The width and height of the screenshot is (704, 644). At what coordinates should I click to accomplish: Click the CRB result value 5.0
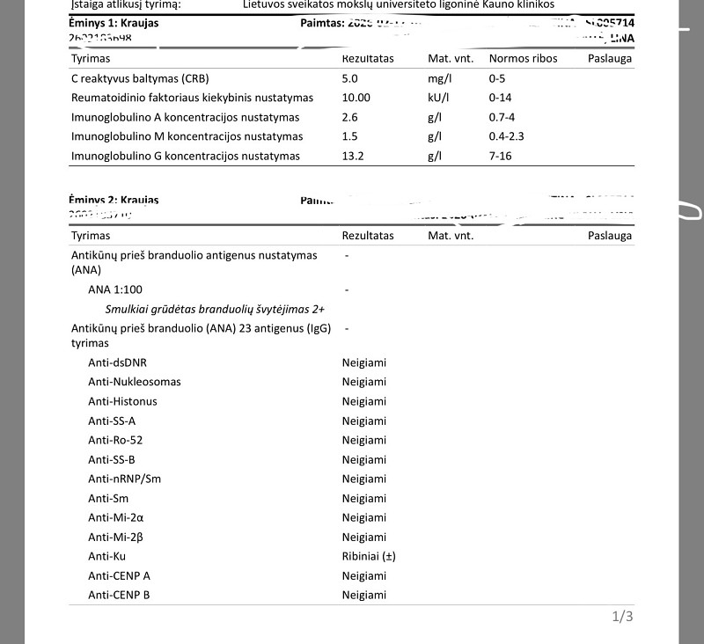(350, 78)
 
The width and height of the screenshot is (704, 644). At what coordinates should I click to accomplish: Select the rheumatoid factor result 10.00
(356, 98)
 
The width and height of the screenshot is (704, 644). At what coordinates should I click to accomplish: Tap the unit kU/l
(438, 98)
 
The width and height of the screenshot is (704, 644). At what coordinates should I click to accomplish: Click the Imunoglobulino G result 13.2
(353, 156)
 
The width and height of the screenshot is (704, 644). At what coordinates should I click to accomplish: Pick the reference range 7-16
(501, 156)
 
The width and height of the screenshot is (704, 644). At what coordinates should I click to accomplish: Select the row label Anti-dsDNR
(117, 362)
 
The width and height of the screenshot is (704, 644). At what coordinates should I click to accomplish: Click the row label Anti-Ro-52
(115, 440)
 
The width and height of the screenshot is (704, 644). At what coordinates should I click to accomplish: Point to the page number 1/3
(622, 617)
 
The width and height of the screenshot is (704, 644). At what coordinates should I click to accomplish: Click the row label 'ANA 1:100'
(115, 289)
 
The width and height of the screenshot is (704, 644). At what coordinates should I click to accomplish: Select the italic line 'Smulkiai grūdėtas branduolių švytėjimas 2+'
(216, 309)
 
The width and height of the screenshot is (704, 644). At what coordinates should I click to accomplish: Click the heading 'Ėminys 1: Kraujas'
(114, 23)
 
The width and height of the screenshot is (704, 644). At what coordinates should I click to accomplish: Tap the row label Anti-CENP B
(119, 595)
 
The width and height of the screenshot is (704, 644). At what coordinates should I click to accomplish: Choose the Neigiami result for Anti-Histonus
(364, 401)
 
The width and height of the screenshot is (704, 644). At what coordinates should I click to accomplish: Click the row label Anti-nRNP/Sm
(125, 479)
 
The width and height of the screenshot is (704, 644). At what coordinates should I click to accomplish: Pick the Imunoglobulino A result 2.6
(350, 117)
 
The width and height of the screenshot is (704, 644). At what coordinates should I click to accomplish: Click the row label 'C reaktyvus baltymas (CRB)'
(139, 78)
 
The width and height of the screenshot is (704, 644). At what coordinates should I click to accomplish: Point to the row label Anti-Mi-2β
(114, 537)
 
